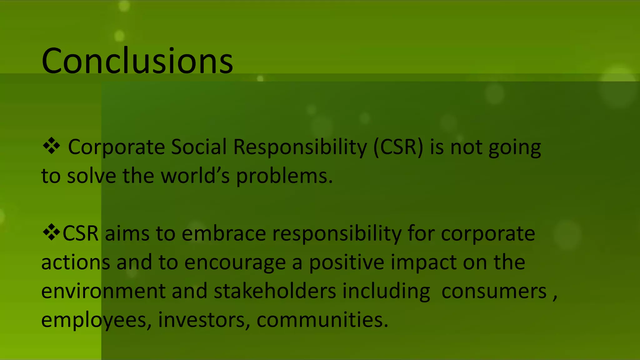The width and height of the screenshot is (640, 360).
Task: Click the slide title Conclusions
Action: tap(137, 61)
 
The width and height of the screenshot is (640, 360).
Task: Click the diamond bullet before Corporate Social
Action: tap(52, 146)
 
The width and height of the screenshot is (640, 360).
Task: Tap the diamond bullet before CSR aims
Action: tap(52, 232)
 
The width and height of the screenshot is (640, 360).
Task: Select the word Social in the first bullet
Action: tap(199, 147)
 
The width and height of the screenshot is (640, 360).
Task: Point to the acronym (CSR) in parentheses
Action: tap(398, 147)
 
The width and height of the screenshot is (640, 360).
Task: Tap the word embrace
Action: tap(224, 233)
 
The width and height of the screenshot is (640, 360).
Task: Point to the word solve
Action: tap(92, 176)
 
